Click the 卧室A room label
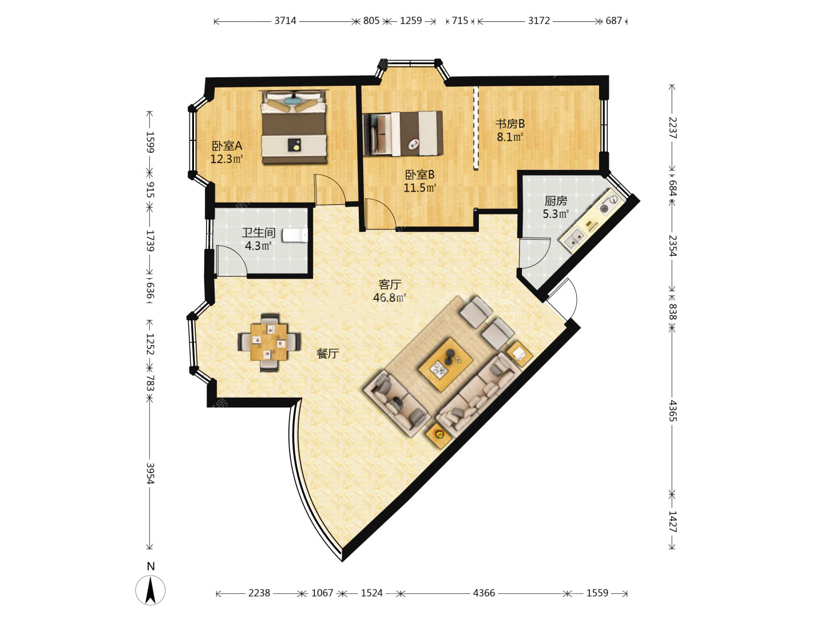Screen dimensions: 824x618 coord(227,145)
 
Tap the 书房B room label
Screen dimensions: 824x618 coord(510,124)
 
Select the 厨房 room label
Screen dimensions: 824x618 coord(556,201)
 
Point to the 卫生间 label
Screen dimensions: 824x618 coord(258,233)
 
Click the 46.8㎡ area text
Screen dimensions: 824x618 coord(390,298)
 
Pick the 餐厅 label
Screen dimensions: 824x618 coord(328,353)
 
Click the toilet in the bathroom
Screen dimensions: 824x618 coord(295,236)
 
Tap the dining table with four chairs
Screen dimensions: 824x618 coord(269,342)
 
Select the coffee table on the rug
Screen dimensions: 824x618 coord(446,364)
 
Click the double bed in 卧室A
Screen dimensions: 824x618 coord(294,127)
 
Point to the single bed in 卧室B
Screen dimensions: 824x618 coord(402,133)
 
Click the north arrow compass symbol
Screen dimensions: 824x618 coord(150,589)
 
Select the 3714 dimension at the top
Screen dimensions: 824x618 coord(285,21)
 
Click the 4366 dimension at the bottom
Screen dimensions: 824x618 coord(484,592)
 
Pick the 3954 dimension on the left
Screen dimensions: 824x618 coord(150,474)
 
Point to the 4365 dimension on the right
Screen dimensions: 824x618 coord(672,411)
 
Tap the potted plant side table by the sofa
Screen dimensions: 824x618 coord(438,435)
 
